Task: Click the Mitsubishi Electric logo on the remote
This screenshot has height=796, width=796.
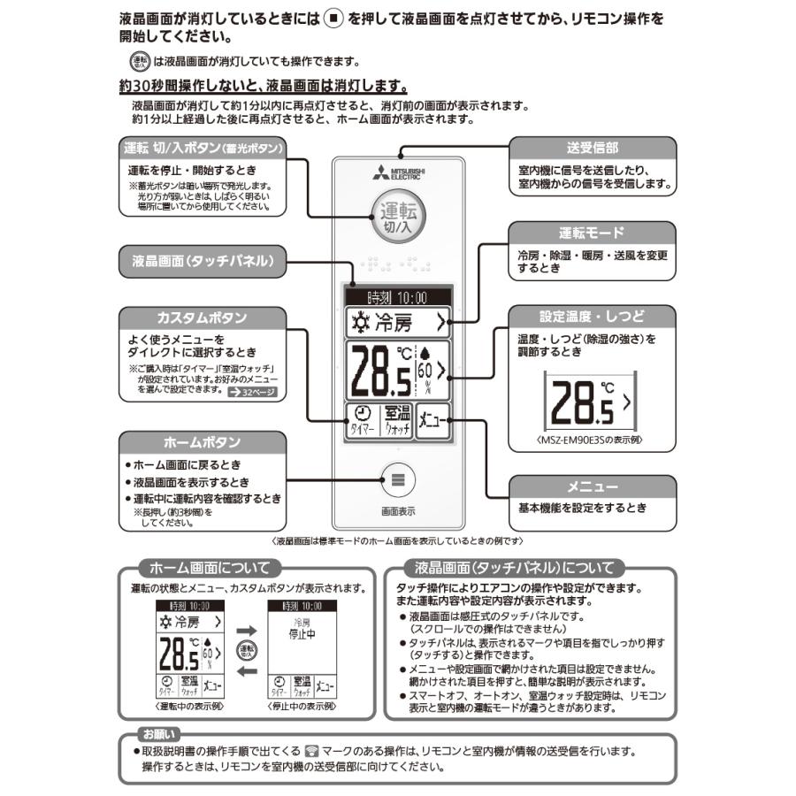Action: tap(397, 172)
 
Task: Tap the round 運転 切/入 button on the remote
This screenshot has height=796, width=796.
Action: tap(397, 217)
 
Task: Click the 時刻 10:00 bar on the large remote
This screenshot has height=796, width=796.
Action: tap(397, 298)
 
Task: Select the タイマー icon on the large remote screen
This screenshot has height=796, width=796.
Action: tap(361, 421)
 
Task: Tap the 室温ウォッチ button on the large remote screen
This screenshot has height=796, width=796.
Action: tap(397, 421)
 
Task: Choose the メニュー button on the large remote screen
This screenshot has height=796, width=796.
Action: tap(433, 421)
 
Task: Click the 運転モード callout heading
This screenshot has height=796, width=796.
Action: tap(592, 233)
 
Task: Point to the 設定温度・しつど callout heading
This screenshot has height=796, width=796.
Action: tap(592, 316)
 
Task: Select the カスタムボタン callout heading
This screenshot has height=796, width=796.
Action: tap(202, 318)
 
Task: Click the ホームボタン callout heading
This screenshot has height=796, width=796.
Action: tap(202, 441)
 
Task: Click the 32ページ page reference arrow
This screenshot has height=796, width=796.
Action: tap(251, 390)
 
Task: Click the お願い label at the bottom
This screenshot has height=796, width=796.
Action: tap(159, 733)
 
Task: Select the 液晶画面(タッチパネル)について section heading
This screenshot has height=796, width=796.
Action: tap(514, 568)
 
